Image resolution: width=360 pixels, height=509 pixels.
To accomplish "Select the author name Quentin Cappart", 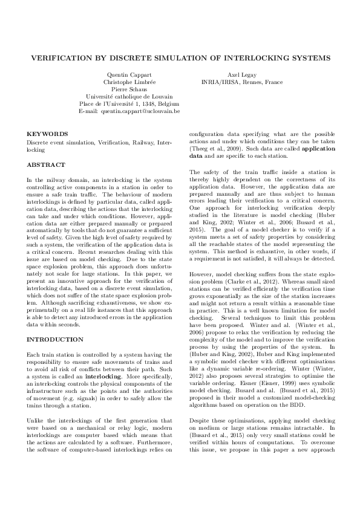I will click(x=129, y=75).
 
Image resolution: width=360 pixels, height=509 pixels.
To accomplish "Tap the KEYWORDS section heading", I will click(x=47, y=134).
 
